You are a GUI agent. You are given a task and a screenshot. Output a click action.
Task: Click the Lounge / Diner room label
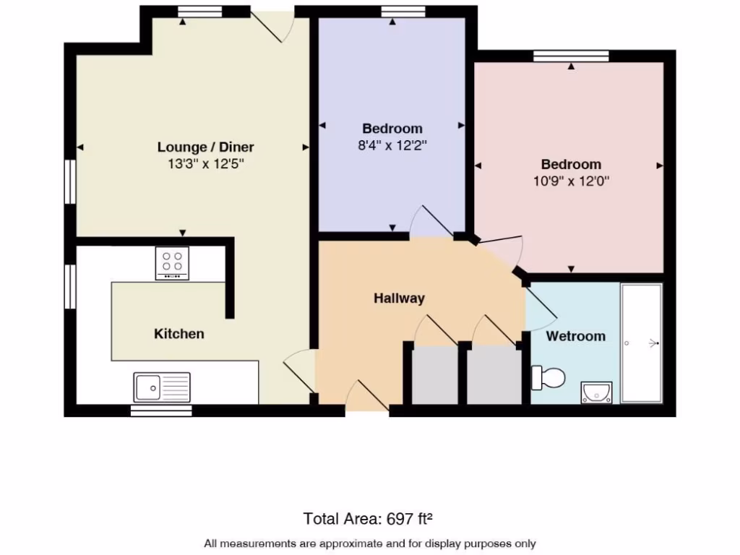(x=205, y=147)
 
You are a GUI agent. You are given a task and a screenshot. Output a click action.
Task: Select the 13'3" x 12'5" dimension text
(x=205, y=164)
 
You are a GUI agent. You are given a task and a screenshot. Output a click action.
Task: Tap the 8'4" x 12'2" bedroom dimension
(x=392, y=145)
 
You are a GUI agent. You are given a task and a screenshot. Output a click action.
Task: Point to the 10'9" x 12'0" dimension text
(x=571, y=181)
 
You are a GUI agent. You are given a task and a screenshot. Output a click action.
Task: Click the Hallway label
(x=399, y=298)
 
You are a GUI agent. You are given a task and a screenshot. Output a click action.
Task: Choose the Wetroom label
(x=575, y=336)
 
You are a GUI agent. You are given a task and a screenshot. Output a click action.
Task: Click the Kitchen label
(x=178, y=334)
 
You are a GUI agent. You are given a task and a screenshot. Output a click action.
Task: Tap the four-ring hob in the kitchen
(x=172, y=263)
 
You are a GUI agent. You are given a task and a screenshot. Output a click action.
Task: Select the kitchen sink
(x=162, y=387)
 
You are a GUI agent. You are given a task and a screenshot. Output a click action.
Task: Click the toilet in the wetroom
(x=548, y=377)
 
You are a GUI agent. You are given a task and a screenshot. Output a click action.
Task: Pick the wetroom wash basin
(x=597, y=392)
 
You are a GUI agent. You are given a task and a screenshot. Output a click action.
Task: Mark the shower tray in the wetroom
(x=642, y=343)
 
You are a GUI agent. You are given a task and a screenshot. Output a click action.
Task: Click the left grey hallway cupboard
(x=434, y=375)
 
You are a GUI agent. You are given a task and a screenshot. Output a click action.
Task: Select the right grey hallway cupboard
(x=494, y=375)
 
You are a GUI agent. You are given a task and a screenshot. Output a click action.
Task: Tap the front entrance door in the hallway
(x=367, y=397)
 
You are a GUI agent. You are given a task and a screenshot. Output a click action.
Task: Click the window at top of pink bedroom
(x=571, y=56)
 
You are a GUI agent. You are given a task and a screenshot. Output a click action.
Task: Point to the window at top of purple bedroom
(x=392, y=11)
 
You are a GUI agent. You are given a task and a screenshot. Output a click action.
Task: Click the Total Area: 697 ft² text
(x=369, y=518)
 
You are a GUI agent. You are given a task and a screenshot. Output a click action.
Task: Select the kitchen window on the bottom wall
(x=161, y=410)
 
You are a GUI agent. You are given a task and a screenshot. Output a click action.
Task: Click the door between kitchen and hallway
(x=299, y=372)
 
